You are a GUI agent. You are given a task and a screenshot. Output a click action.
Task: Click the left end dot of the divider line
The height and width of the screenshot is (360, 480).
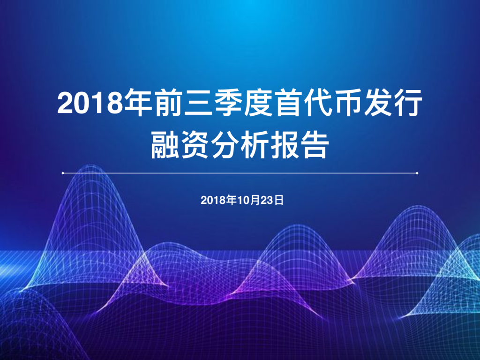point(63,173)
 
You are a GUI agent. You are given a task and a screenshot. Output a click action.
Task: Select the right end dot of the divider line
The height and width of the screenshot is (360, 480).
point(417,173)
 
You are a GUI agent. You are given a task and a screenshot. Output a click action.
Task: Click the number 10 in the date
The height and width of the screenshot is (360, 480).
point(241,201)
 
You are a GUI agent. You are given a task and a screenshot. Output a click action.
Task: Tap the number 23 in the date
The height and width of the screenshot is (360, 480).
point(267,201)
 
